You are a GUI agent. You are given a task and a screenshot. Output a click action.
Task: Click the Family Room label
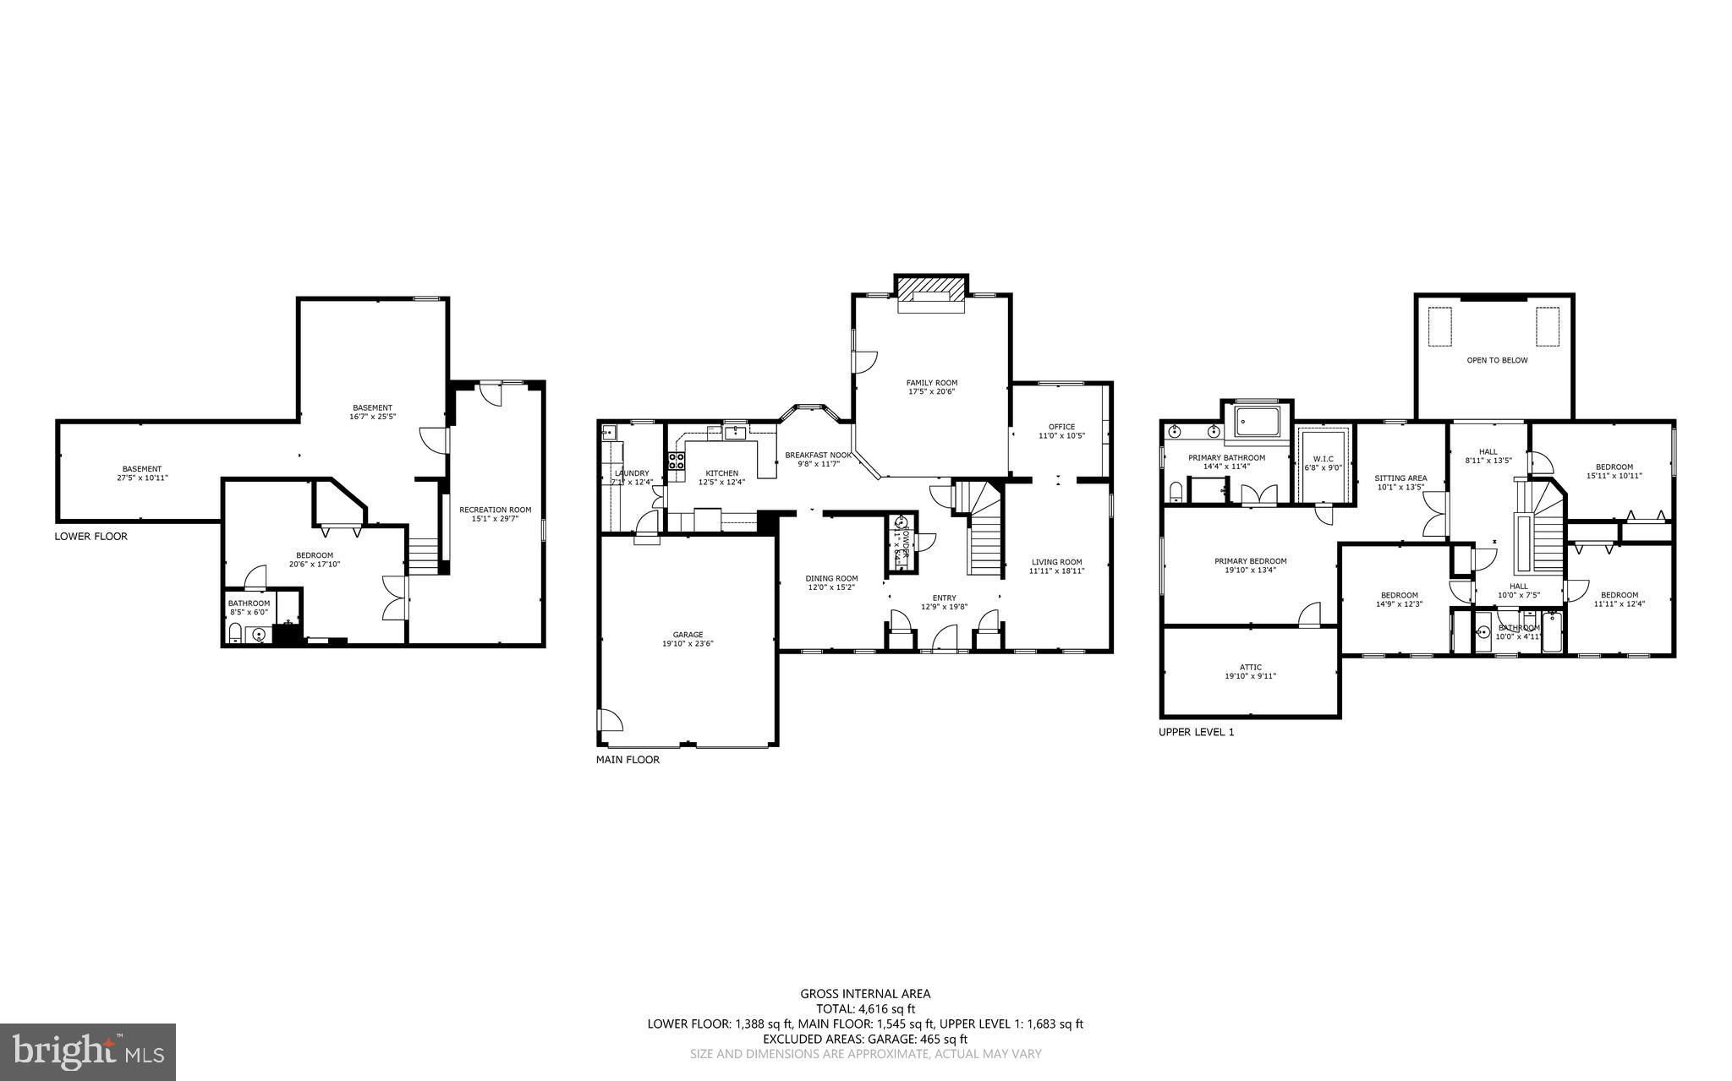(932, 383)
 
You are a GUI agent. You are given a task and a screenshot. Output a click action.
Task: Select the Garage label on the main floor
(688, 635)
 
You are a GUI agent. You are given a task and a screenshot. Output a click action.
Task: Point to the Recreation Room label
(495, 510)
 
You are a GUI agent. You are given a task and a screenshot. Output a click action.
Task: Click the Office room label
(1061, 427)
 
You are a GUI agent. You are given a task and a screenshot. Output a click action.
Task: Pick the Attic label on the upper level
(1250, 667)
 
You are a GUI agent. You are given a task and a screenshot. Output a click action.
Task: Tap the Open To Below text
(1497, 360)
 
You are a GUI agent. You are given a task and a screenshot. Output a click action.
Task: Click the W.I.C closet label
(1324, 458)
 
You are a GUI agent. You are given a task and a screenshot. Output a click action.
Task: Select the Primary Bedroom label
(1250, 561)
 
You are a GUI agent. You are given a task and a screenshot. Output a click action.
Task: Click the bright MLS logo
(88, 1051)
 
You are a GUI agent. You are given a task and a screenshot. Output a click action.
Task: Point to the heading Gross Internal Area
(865, 994)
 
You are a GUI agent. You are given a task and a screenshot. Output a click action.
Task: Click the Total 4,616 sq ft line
(865, 1008)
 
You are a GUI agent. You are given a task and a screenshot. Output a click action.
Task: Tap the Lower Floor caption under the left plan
(91, 536)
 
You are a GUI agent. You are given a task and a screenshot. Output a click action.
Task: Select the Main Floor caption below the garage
(628, 760)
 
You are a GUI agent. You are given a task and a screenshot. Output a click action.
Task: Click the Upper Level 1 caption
(1196, 732)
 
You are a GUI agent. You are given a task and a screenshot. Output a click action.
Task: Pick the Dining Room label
(831, 578)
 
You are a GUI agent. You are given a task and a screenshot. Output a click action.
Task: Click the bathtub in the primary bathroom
(1258, 420)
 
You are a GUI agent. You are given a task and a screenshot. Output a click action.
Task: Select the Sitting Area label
(1400, 478)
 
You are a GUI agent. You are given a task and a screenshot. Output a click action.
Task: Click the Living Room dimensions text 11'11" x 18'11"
(1056, 571)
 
